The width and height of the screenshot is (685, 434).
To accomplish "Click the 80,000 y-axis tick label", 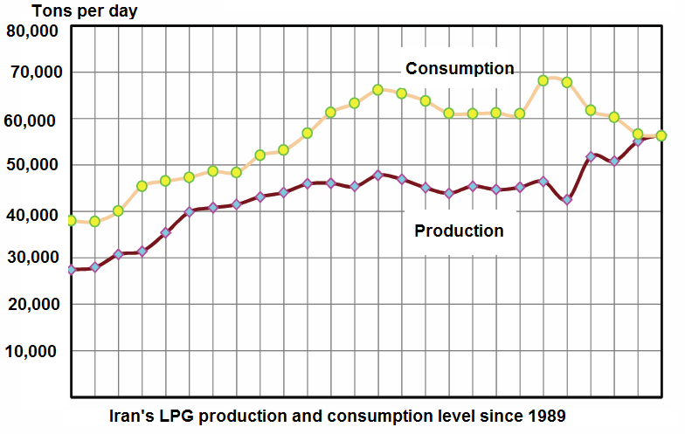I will pyautogui.click(x=33, y=31).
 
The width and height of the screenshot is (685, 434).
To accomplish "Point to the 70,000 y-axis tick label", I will pyautogui.click(x=33, y=72).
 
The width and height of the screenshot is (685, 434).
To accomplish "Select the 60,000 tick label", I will pyautogui.click(x=33, y=120).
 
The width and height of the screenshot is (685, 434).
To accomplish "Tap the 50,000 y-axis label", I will pyautogui.click(x=33, y=165).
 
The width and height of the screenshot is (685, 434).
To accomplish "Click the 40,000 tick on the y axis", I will pyautogui.click(x=33, y=214).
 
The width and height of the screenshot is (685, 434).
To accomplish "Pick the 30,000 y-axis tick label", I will pyautogui.click(x=33, y=258).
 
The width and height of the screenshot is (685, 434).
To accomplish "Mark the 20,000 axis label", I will pyautogui.click(x=33, y=305).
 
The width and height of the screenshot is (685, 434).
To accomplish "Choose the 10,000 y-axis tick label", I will pyautogui.click(x=33, y=352).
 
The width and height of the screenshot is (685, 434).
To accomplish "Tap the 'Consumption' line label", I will pyautogui.click(x=460, y=69).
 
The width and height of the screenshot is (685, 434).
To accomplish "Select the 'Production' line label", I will pyautogui.click(x=459, y=231).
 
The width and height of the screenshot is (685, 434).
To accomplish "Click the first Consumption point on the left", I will pyautogui.click(x=71, y=220).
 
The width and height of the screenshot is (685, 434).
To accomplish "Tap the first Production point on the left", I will pyautogui.click(x=71, y=270).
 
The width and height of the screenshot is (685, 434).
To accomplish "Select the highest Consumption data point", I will pyautogui.click(x=543, y=80).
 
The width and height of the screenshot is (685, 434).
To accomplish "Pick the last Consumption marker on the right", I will pyautogui.click(x=661, y=135).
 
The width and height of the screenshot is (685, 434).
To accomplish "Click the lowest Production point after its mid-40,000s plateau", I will pyautogui.click(x=567, y=199).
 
